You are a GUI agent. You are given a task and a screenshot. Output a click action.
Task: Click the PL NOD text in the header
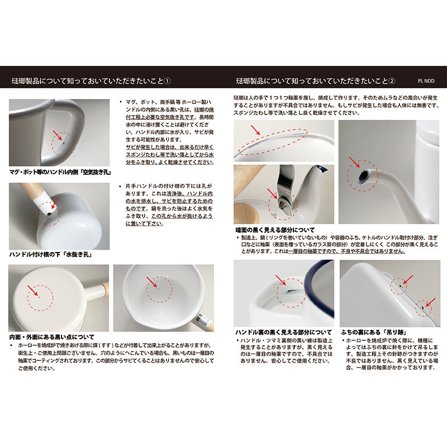[427, 80]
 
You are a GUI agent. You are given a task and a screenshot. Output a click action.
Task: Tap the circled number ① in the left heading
[168, 81]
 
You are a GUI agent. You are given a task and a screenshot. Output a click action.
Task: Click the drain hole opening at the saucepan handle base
[50, 213]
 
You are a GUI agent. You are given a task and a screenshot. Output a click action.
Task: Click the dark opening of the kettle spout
[363, 177]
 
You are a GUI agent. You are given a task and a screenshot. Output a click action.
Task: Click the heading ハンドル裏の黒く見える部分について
[283, 331]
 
